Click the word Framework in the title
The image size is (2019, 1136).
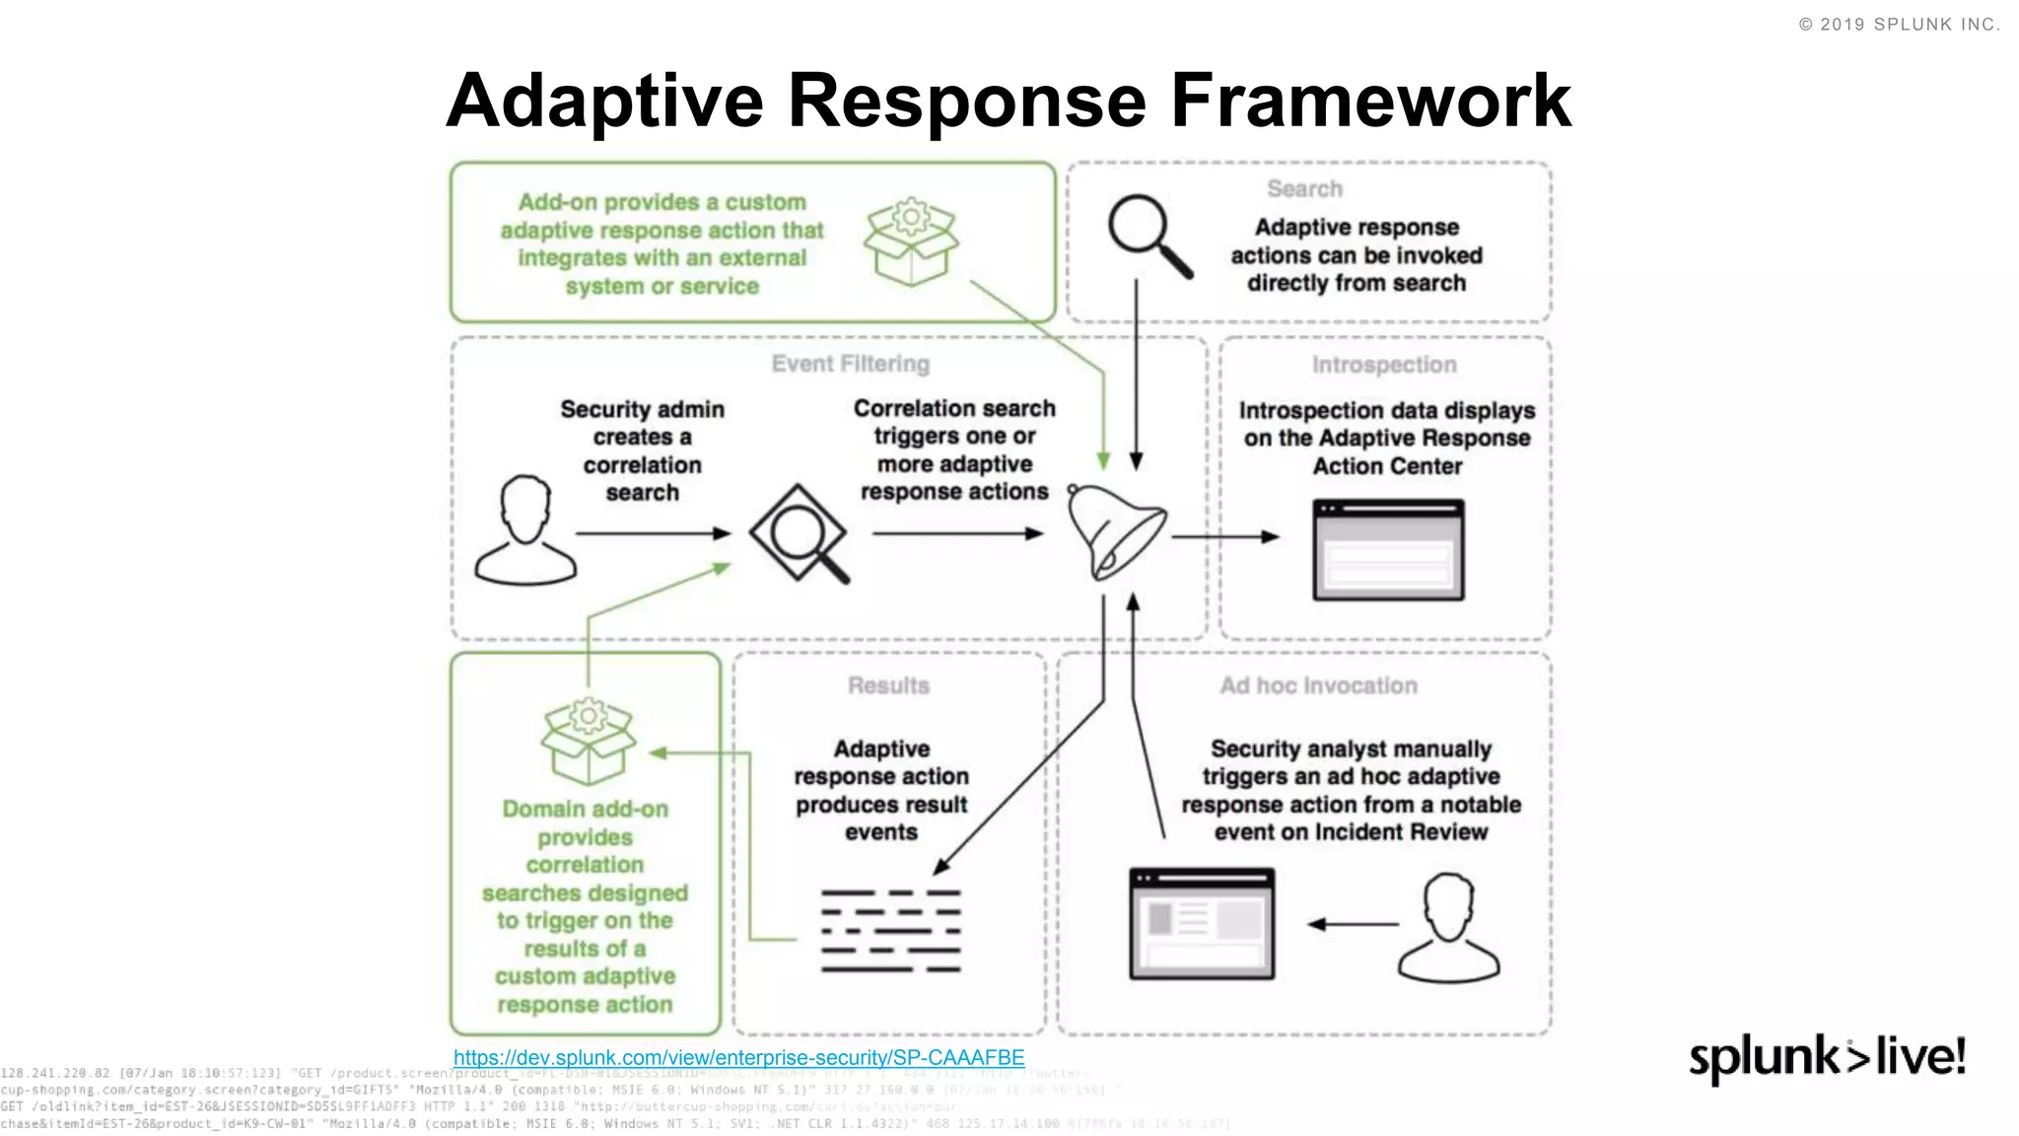click(x=1370, y=101)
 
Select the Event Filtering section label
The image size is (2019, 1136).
click(x=850, y=364)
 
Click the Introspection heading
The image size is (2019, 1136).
click(x=1383, y=365)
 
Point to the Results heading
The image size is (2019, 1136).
click(x=888, y=685)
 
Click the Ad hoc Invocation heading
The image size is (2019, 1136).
click(x=1318, y=685)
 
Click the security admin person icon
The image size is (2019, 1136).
click(x=524, y=532)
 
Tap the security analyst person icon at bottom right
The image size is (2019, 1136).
click(x=1448, y=927)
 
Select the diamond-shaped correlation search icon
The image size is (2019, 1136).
click(x=799, y=533)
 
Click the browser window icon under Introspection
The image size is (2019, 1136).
click(x=1388, y=549)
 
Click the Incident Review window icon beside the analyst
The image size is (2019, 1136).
click(x=1202, y=923)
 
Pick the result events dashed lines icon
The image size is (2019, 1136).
click(x=890, y=931)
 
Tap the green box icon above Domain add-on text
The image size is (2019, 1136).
click(x=588, y=741)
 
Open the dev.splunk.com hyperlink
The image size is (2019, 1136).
click(x=738, y=1057)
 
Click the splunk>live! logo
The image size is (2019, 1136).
click(x=1827, y=1058)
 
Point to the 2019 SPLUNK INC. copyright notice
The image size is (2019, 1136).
click(x=1899, y=25)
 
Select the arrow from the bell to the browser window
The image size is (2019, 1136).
click(x=1223, y=536)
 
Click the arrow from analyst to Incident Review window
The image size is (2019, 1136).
click(x=1353, y=924)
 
